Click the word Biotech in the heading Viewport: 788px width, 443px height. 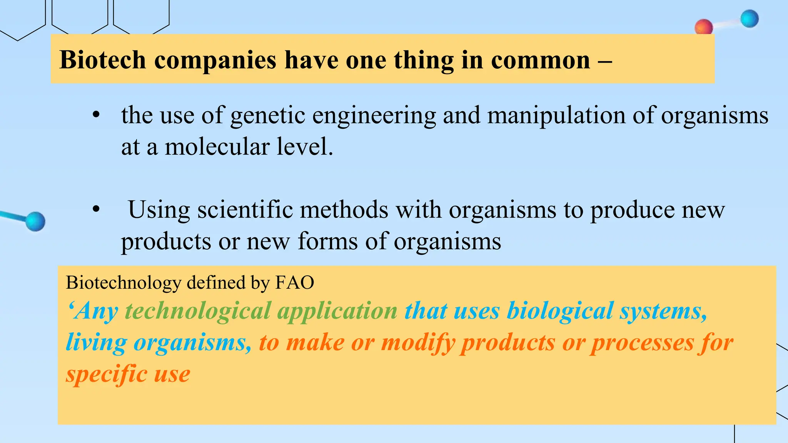(x=103, y=60)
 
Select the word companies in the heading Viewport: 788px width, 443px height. (x=215, y=61)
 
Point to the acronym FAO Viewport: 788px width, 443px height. (x=295, y=283)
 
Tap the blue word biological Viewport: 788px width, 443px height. (x=560, y=311)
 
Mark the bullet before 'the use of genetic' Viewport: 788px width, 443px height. (x=96, y=115)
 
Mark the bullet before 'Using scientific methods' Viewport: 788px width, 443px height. (x=96, y=210)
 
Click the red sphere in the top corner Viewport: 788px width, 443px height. (x=704, y=27)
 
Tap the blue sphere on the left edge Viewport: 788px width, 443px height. (x=35, y=221)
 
